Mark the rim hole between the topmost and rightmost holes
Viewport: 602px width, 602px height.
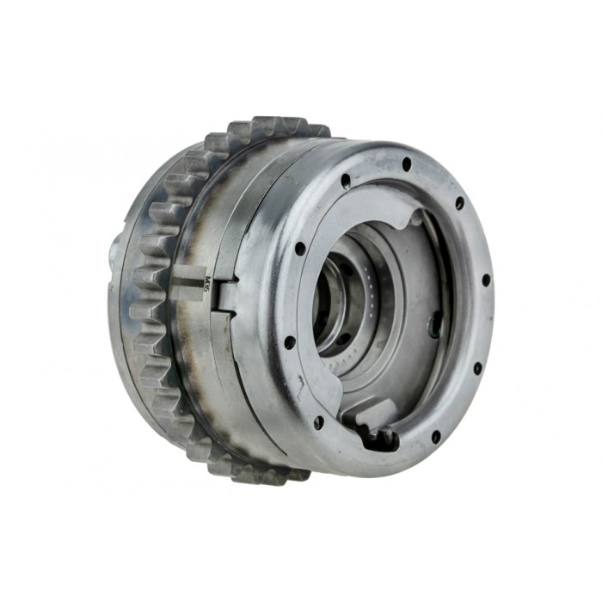click(459, 203)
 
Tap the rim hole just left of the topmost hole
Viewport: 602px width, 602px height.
click(346, 181)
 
